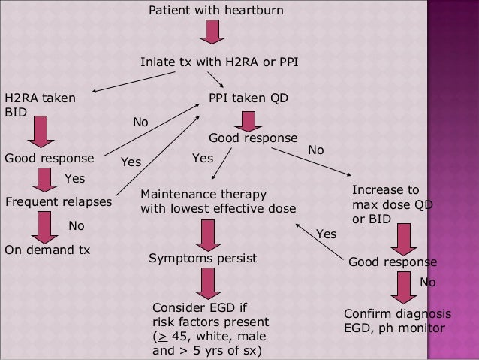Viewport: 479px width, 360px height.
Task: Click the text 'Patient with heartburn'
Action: (x=216, y=13)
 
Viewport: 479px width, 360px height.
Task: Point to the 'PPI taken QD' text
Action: (x=248, y=98)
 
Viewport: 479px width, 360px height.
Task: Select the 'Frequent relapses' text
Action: (x=58, y=202)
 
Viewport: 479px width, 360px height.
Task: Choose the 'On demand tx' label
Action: (x=47, y=250)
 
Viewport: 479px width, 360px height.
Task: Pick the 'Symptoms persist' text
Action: (x=203, y=258)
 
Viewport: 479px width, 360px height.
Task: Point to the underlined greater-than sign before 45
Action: (x=159, y=336)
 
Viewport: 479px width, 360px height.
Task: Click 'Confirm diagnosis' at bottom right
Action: (x=397, y=313)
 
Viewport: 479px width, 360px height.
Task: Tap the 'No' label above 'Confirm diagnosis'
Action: (x=426, y=283)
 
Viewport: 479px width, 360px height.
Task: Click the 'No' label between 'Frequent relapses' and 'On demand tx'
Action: (x=77, y=225)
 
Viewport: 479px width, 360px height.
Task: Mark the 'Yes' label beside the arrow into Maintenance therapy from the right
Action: (x=326, y=234)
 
